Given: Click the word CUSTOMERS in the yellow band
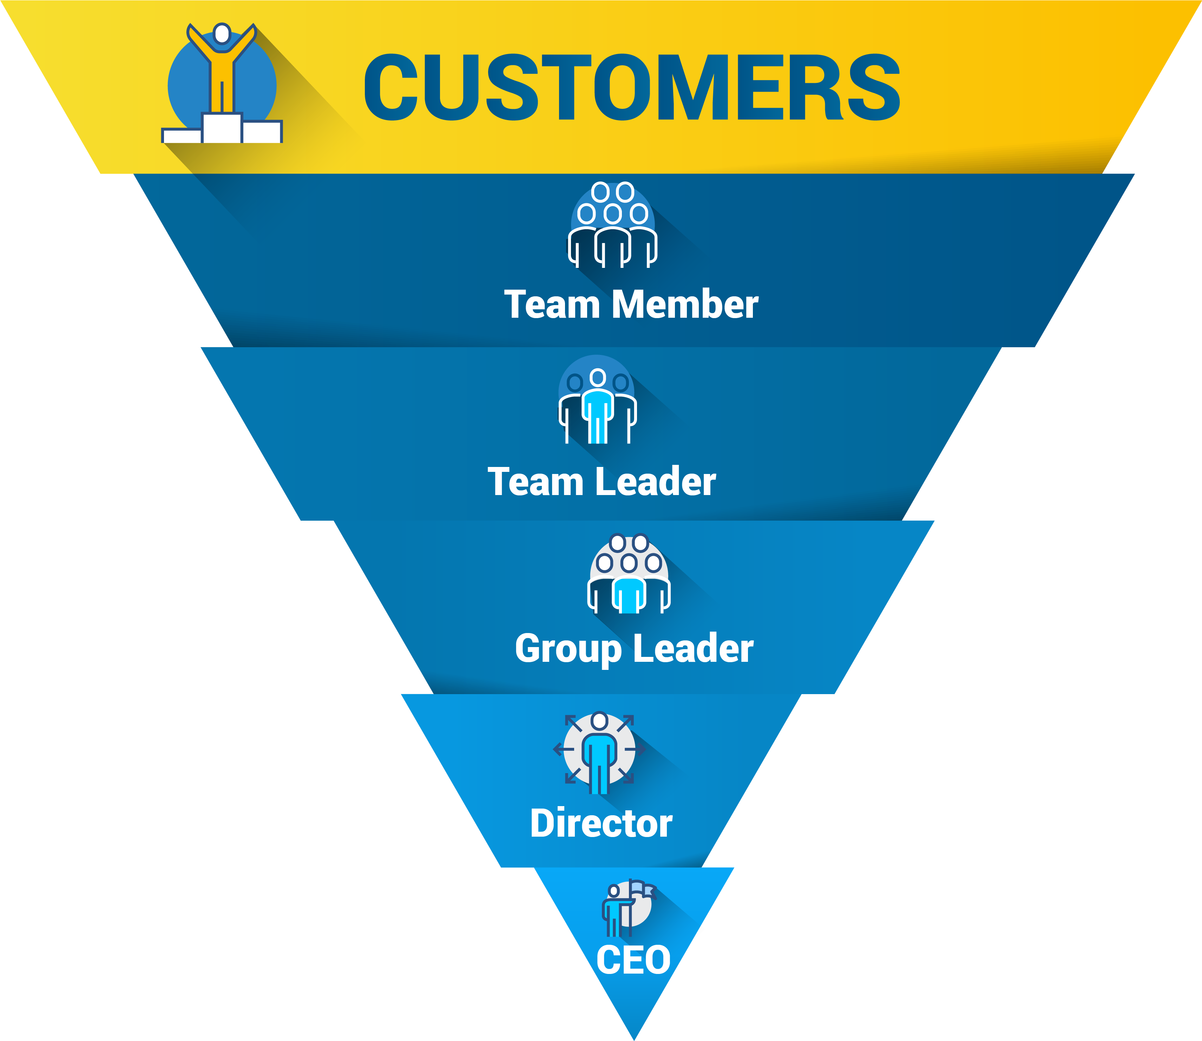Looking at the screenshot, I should coord(632,88).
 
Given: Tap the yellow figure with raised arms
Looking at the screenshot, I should coord(221,70).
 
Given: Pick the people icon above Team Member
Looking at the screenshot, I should coord(613,225).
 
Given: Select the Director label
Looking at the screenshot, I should coord(601,824).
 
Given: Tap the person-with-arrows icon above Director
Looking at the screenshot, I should coord(599,752).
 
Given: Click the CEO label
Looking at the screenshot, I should coord(633,960).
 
